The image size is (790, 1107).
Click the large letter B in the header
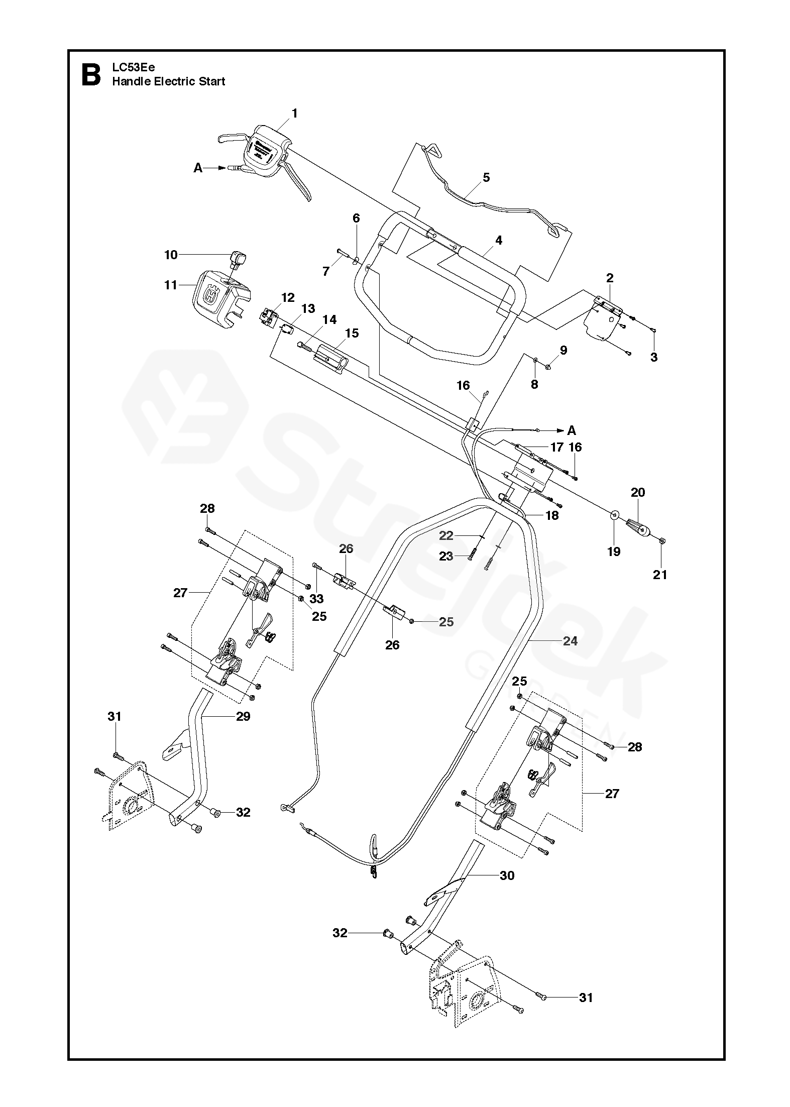tap(90, 74)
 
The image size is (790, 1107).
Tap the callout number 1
tap(295, 114)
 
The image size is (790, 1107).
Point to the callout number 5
tap(486, 177)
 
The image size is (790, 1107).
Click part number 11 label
tap(171, 285)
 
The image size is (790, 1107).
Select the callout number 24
tap(570, 641)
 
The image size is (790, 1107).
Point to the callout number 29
tap(243, 716)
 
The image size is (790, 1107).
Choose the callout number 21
tap(660, 575)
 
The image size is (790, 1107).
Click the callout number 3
tap(654, 357)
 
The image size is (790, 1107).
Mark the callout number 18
tap(552, 515)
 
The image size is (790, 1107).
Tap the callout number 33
tap(317, 599)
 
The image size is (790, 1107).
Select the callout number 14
tap(329, 320)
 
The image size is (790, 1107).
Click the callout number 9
tap(563, 350)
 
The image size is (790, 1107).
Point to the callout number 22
tap(446, 536)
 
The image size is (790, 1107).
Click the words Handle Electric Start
tap(169, 81)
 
